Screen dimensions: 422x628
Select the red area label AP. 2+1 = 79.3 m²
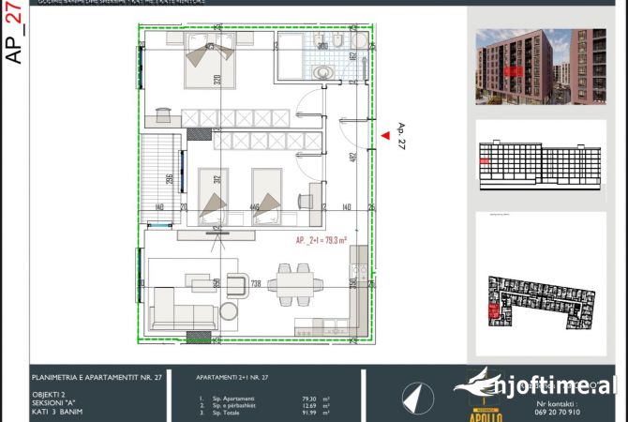[321, 239]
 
